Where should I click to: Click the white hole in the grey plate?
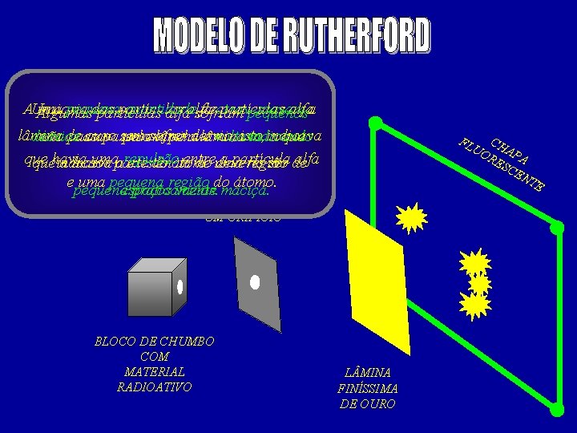[255, 282]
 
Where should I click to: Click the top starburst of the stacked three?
[475, 263]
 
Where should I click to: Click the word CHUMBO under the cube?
[184, 342]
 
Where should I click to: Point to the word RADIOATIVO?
[155, 387]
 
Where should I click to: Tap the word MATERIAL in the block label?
[155, 372]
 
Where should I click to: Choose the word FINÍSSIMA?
[368, 389]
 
